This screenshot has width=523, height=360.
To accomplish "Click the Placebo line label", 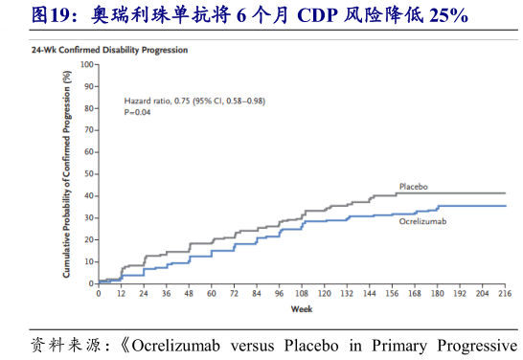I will (413, 186).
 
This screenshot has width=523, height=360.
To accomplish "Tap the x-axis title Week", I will (301, 309).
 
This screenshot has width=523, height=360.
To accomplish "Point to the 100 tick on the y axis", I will (87, 64).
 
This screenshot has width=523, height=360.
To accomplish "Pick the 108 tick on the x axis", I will (302, 294).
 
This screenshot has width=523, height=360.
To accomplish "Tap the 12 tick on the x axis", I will (121, 294).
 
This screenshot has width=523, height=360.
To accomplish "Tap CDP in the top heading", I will (324, 15).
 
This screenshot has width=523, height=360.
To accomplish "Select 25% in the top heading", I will (446, 15).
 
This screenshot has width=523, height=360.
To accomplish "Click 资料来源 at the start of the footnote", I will (61, 345).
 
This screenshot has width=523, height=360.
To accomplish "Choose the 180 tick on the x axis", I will (437, 294).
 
